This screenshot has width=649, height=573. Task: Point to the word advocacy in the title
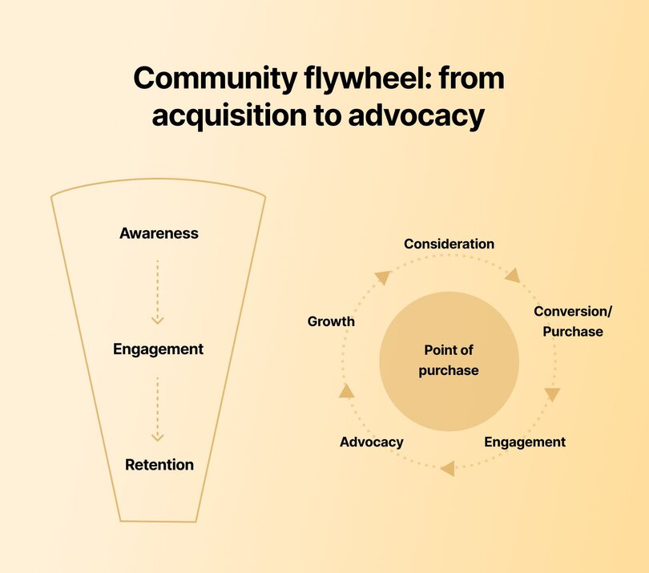tap(417, 116)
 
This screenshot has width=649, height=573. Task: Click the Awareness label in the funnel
tap(159, 234)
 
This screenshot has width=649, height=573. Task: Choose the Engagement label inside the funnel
tap(159, 349)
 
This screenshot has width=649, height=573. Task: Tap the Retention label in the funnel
tap(159, 465)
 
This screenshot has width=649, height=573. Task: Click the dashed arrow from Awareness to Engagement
tap(158, 292)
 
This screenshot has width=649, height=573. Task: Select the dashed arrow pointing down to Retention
tap(158, 408)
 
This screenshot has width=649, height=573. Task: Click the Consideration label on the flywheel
tap(449, 244)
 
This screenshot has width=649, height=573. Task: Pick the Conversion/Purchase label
tap(568, 321)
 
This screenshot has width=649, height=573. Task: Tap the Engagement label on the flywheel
tap(525, 442)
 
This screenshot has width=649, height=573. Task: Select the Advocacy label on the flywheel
tap(371, 442)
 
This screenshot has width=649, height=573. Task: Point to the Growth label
tap(331, 321)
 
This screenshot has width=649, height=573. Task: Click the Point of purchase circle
tap(450, 360)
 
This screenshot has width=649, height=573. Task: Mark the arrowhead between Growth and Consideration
tap(382, 277)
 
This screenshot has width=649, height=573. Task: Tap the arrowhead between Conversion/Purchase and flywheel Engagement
tap(552, 394)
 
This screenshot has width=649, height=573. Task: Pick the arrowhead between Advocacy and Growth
tap(346, 391)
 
